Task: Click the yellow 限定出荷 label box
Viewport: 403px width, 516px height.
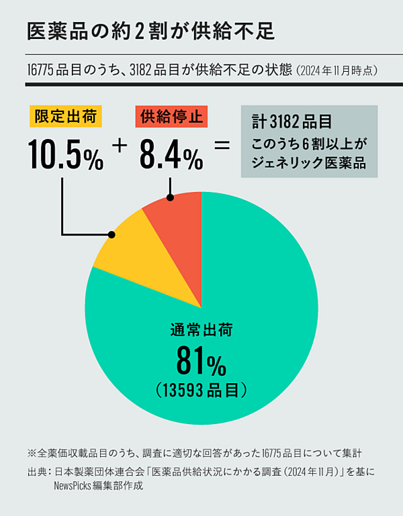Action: click(66, 117)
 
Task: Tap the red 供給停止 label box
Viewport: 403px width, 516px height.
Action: click(171, 117)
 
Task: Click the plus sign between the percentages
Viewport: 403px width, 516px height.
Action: click(121, 145)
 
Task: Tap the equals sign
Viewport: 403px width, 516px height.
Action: click(221, 145)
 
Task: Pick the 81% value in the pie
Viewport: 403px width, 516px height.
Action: click(201, 362)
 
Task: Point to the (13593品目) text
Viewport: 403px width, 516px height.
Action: click(201, 390)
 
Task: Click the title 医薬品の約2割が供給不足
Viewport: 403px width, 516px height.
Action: click(150, 31)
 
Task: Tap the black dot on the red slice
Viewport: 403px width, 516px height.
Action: click(171, 197)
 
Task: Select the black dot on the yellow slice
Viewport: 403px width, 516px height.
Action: click(111, 235)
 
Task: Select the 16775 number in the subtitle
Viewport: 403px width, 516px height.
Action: click(41, 69)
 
